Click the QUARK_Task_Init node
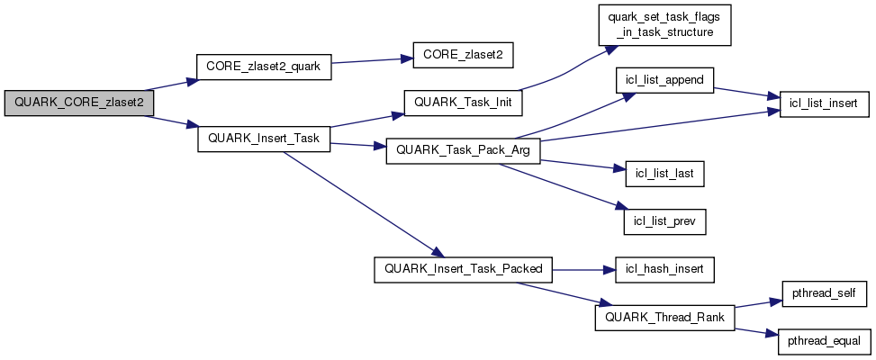click(x=463, y=103)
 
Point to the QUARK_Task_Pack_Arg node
click(x=463, y=151)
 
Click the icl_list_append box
click(x=664, y=79)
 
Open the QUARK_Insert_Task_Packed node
click(x=464, y=269)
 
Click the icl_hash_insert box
click(x=664, y=269)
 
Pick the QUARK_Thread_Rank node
click(x=664, y=318)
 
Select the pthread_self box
click(x=817, y=293)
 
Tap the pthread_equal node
click(x=817, y=341)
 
